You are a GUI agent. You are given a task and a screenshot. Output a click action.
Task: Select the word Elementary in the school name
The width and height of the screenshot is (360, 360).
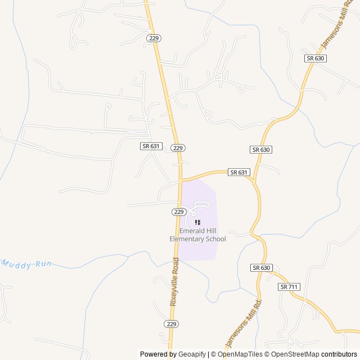187,239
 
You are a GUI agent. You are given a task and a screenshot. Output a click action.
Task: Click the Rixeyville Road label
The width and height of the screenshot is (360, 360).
174,281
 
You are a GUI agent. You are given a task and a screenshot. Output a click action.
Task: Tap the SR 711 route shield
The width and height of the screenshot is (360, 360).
289,287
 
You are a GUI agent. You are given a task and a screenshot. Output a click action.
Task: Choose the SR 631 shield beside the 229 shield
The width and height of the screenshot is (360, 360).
151,146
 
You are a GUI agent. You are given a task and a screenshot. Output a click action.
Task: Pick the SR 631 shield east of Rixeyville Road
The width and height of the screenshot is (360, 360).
238,173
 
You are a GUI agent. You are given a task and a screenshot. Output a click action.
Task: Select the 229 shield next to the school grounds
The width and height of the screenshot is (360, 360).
179,212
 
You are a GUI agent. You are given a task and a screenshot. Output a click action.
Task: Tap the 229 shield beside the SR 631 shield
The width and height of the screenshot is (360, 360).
178,147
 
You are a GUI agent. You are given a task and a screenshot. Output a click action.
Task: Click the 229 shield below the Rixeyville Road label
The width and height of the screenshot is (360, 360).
172,324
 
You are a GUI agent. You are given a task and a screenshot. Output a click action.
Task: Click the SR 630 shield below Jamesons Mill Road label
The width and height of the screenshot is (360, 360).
316,58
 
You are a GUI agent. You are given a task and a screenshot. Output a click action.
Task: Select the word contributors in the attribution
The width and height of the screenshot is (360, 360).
339,354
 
